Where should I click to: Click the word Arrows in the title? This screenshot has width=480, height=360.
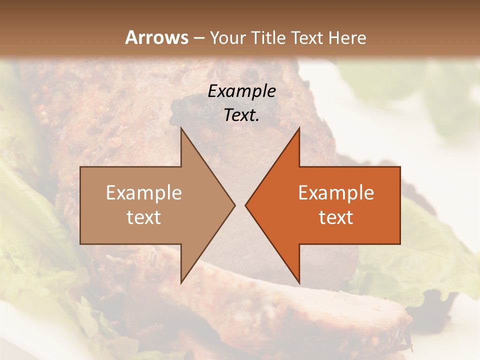click(x=156, y=37)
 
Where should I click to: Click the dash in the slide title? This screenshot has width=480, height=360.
click(x=199, y=38)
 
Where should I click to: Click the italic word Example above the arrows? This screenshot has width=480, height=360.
click(x=241, y=91)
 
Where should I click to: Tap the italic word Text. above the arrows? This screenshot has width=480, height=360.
click(x=241, y=115)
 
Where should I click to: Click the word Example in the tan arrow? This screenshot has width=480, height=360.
click(x=144, y=193)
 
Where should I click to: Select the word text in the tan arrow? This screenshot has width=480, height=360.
click(x=144, y=217)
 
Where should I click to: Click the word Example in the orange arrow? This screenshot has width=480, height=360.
click(x=336, y=193)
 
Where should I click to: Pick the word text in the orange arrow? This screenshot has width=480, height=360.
click(x=336, y=217)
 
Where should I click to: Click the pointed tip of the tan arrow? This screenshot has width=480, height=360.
click(x=234, y=205)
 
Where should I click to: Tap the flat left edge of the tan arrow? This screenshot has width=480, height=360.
click(x=80, y=205)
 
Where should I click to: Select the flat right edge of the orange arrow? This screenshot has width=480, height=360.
click(x=400, y=205)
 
